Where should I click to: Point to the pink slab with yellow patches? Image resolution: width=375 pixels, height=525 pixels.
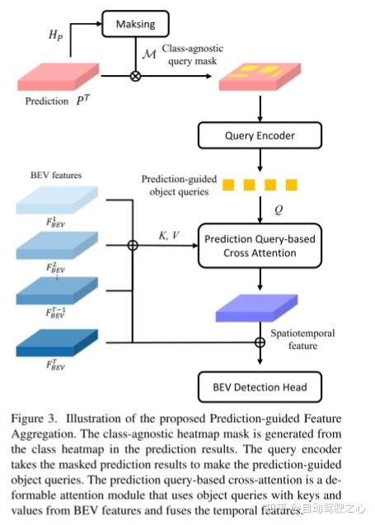[259, 79]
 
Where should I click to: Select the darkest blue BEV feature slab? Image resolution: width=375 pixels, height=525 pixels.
[55, 341]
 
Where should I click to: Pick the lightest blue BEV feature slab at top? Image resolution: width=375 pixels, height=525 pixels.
[55, 199]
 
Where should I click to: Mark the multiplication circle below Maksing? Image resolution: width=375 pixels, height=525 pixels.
[134, 77]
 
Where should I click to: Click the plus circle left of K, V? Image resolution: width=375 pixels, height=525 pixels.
[133, 245]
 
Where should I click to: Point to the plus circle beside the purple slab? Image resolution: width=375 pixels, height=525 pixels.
[260, 341]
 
